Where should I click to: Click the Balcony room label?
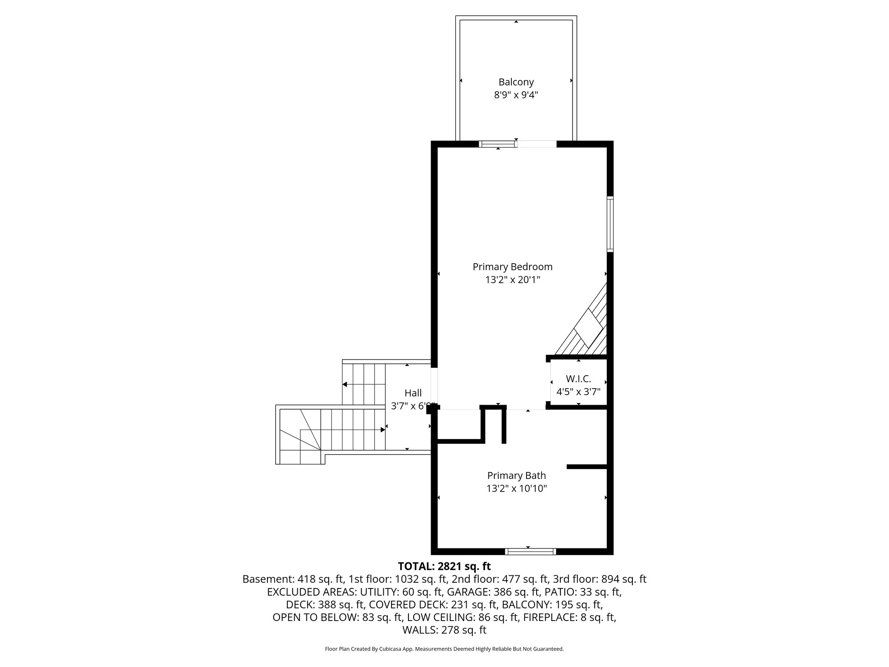pyautogui.click(x=516, y=82)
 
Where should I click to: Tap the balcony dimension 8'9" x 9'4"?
pyautogui.click(x=516, y=95)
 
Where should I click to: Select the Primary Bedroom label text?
pyautogui.click(x=512, y=267)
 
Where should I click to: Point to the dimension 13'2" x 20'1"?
pyautogui.click(x=512, y=280)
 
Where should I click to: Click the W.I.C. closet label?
pyautogui.click(x=578, y=379)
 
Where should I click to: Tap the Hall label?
pyautogui.click(x=413, y=393)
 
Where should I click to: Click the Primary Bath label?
pyautogui.click(x=516, y=475)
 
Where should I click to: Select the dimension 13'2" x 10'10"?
pyautogui.click(x=516, y=489)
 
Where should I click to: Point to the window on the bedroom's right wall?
pyautogui.click(x=610, y=224)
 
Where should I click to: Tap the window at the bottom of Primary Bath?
pyautogui.click(x=530, y=551)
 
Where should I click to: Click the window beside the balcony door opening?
pyautogui.click(x=498, y=144)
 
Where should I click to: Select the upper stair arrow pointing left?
pyautogui.click(x=346, y=384)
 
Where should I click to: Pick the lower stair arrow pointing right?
pyautogui.click(x=382, y=429)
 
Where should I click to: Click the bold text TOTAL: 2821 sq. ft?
pyautogui.click(x=444, y=566)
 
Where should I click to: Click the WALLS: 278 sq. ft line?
pyautogui.click(x=444, y=630)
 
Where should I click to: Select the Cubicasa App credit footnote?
pyautogui.click(x=444, y=649)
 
